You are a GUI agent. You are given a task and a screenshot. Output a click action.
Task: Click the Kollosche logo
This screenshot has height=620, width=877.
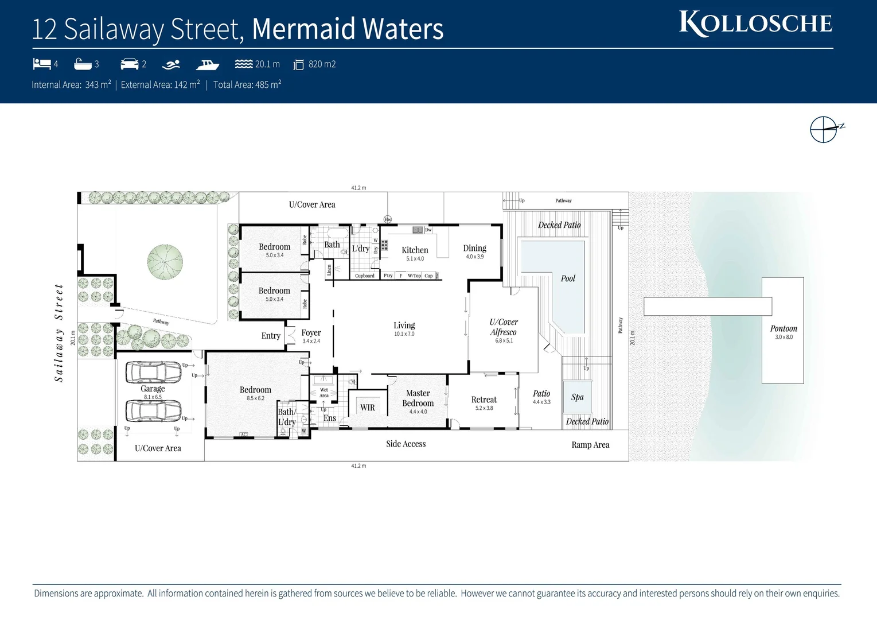tap(755, 24)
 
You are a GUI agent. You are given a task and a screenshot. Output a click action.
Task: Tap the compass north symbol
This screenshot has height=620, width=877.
tap(824, 129)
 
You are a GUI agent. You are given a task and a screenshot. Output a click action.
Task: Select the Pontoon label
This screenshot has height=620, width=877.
tap(783, 328)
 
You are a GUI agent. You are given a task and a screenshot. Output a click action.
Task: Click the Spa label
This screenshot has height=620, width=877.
tap(577, 397)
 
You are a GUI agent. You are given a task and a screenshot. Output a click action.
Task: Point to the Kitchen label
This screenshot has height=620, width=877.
tap(415, 250)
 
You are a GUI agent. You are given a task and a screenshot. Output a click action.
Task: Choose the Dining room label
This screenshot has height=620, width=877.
tap(474, 248)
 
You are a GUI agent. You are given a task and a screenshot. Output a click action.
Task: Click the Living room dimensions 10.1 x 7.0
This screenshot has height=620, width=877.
tap(404, 334)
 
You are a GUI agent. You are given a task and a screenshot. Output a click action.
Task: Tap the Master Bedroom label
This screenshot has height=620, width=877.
tap(418, 398)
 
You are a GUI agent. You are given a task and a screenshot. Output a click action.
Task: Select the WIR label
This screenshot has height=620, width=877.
tap(367, 408)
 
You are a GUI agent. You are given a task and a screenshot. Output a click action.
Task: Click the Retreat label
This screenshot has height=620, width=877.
tap(484, 400)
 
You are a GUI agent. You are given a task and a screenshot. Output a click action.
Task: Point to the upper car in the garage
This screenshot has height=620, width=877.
tap(153, 372)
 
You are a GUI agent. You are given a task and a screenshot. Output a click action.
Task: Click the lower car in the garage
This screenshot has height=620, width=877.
tap(153, 410)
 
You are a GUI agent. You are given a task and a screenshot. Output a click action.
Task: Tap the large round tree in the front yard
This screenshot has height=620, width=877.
tap(165, 262)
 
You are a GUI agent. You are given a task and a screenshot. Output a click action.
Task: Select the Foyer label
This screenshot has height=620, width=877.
tap(311, 333)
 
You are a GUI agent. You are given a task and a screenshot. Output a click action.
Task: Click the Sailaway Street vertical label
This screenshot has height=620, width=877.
tap(59, 333)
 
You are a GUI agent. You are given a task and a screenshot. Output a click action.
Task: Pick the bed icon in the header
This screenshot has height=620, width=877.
tap(42, 64)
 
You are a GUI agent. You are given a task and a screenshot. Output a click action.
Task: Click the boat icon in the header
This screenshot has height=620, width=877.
tap(207, 64)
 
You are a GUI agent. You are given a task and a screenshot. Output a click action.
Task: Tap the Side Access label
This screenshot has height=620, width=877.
tap(406, 444)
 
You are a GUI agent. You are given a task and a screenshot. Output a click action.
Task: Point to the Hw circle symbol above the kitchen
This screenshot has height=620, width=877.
tap(388, 219)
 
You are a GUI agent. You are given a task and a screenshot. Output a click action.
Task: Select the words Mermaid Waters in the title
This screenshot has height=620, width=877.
tap(348, 29)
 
